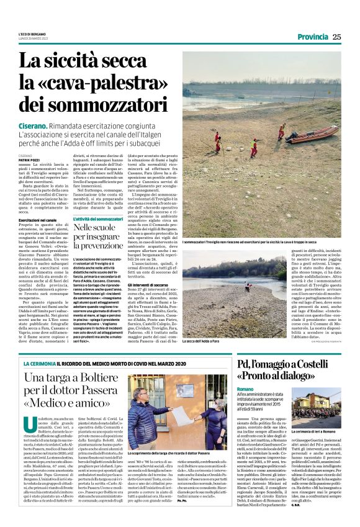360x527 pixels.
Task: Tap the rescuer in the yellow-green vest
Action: point(254,146)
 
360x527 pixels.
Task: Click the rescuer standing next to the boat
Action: point(281,130)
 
